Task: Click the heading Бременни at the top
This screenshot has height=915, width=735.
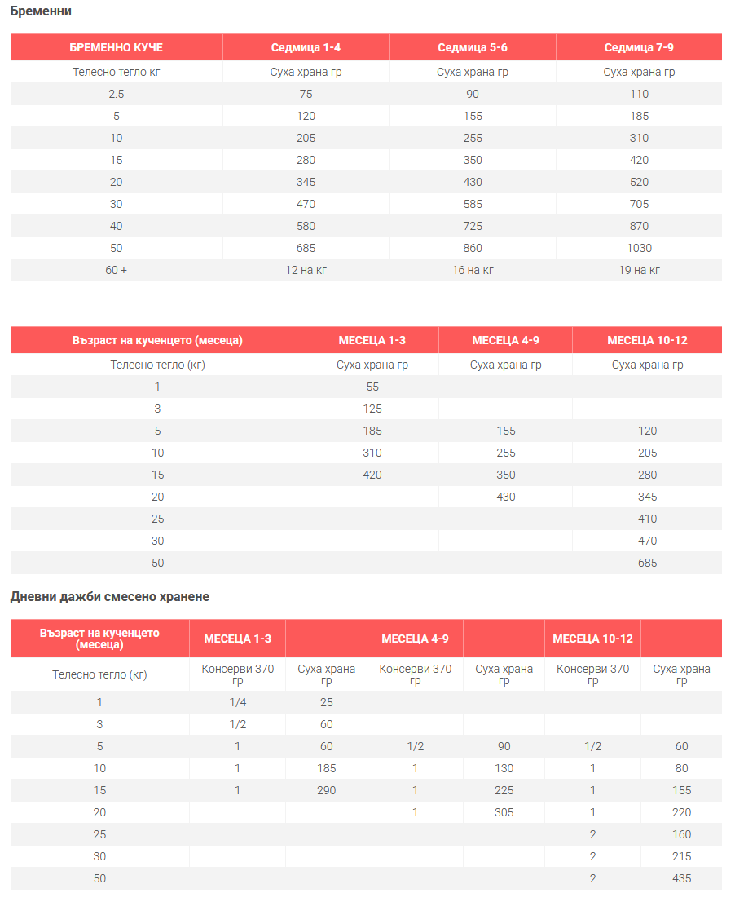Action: [41, 11]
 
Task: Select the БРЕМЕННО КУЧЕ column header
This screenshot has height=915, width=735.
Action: [116, 47]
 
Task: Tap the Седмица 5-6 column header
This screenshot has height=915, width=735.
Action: [473, 47]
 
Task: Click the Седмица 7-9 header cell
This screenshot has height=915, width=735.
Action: [639, 47]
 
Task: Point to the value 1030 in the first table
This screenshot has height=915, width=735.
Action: [639, 248]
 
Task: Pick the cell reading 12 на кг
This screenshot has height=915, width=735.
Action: [306, 270]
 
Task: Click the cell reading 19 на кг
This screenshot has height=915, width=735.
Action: [639, 270]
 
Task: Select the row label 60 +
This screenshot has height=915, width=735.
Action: [116, 270]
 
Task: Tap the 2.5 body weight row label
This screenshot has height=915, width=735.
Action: [116, 94]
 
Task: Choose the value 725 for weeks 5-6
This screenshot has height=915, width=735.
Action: [473, 226]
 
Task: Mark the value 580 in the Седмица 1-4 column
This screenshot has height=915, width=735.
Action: [306, 226]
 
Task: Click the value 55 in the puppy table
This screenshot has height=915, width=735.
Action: [372, 387]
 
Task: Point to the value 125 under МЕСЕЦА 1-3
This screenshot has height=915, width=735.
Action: [372, 409]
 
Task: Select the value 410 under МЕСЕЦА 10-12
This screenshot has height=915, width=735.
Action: [648, 519]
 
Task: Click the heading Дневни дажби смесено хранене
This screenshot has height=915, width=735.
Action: [110, 597]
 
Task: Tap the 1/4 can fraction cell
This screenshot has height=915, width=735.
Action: [237, 702]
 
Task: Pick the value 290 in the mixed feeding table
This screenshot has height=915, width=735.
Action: [326, 790]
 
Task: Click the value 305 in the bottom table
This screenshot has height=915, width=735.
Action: [504, 812]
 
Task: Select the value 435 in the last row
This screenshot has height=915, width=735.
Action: [681, 878]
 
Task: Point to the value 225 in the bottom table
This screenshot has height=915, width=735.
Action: [504, 790]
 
